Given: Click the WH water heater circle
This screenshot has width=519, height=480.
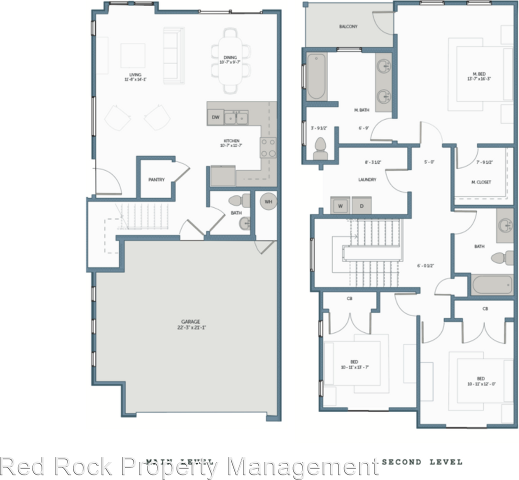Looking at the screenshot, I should [268, 201].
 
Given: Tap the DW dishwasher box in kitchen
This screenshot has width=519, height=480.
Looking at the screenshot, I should [215, 117].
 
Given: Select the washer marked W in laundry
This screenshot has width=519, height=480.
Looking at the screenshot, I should [340, 205].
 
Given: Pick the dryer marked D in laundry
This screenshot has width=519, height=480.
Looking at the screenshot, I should [361, 205].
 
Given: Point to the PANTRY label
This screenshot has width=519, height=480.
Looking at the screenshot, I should [156, 179].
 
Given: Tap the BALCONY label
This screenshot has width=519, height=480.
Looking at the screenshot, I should [348, 26].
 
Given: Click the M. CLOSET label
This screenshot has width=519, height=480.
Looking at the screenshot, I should [481, 182].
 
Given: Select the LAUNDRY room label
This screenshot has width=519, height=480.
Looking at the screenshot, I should [367, 179].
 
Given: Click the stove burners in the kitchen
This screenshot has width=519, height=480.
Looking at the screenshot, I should [268, 148].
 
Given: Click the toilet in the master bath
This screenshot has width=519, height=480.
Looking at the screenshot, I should [320, 148].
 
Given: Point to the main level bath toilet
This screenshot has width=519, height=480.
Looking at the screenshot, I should [239, 201].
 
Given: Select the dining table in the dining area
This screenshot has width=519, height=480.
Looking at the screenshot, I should [230, 61].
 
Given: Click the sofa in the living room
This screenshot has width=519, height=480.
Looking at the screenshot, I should [173, 54].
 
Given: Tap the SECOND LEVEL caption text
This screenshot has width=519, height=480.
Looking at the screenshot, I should [422, 462].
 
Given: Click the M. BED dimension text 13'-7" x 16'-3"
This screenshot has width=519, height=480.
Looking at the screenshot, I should [479, 78].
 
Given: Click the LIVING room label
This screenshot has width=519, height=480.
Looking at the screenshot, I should [132, 74].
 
